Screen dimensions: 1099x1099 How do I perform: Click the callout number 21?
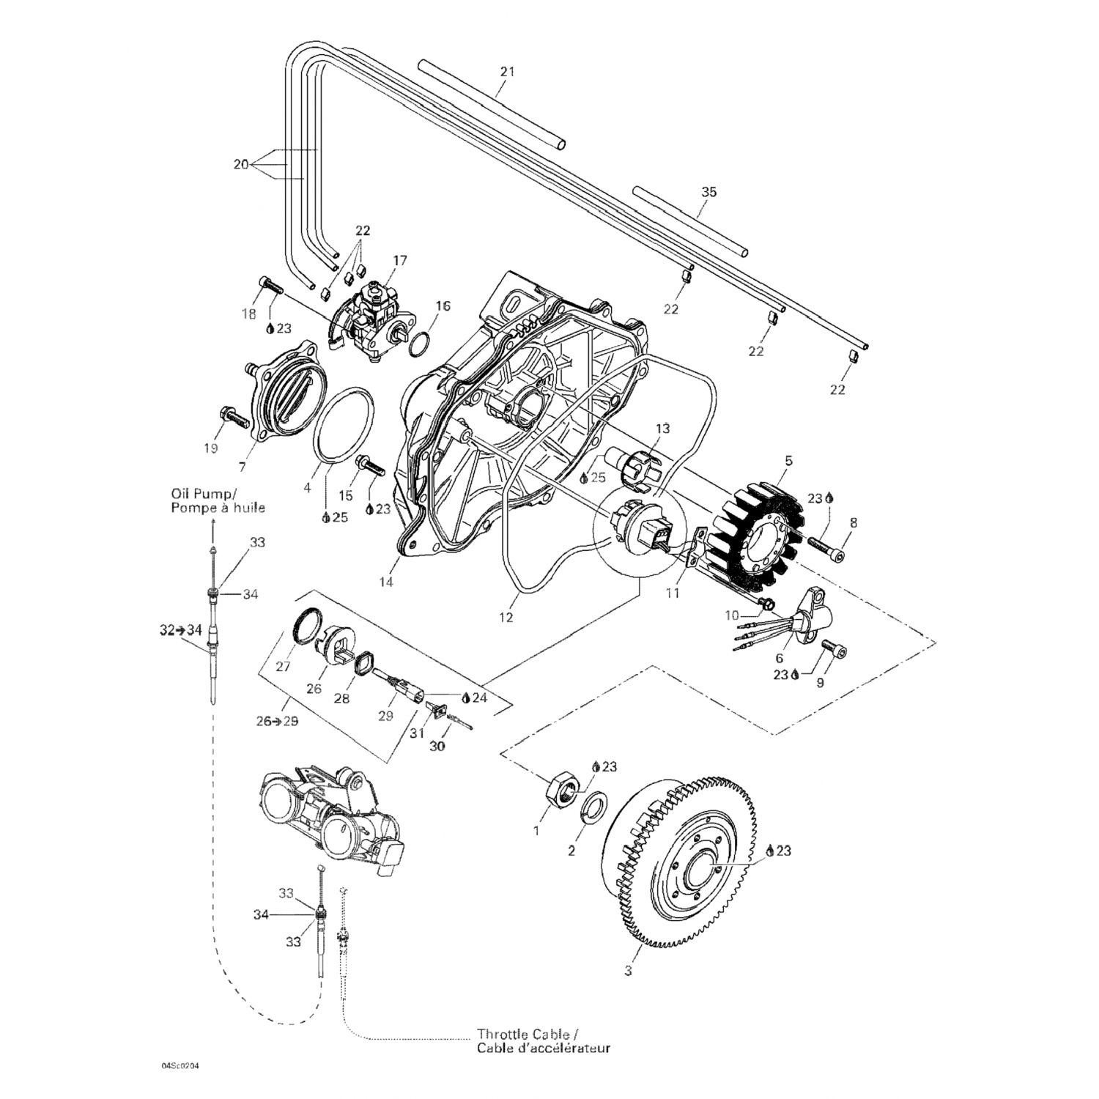coord(507,72)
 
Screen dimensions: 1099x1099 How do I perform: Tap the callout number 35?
coord(708,193)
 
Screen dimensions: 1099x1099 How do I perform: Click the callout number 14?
coord(385,582)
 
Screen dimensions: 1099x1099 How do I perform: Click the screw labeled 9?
coord(835,651)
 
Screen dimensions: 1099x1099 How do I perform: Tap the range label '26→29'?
coord(277,722)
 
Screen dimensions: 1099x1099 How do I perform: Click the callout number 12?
coord(506,618)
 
